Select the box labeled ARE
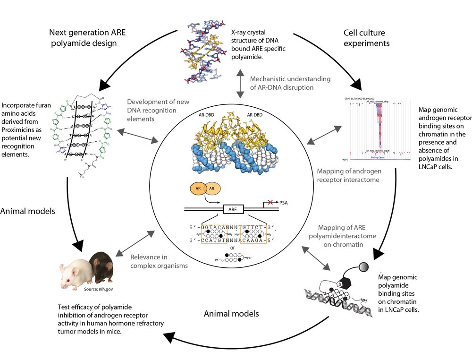(233, 208)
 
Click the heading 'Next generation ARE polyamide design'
(88, 38)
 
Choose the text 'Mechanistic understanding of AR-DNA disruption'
(290, 83)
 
